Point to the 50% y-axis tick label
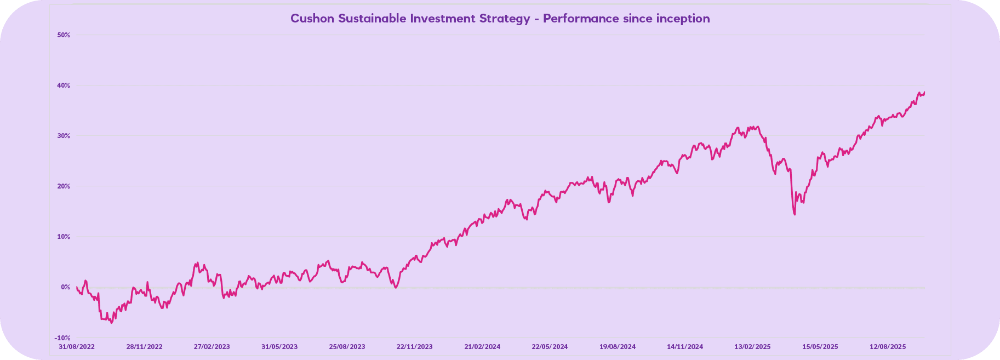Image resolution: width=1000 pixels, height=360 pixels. coord(64,35)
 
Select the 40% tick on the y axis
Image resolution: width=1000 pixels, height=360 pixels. coord(64,85)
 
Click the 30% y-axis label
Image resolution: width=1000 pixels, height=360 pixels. coord(64,136)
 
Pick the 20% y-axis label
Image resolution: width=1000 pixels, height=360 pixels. coord(64,186)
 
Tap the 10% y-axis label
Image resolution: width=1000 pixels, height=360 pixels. coord(64,237)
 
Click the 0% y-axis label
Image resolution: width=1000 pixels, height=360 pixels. coord(65,287)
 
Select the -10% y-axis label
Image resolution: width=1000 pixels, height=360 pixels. coord(62,338)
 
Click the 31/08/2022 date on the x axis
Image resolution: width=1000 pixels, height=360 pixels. coord(77,347)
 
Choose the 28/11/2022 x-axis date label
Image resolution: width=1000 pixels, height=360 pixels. coord(144,347)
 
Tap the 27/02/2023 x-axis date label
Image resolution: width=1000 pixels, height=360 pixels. coord(212,347)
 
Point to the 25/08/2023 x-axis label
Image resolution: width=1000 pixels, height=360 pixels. coord(347,347)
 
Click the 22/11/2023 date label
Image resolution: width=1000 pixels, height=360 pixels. coord(415,347)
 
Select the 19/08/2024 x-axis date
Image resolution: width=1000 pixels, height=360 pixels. coord(618,347)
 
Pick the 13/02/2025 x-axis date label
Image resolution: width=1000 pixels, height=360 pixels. coord(753,347)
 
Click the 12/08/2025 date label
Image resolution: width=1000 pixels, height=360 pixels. coord(888,347)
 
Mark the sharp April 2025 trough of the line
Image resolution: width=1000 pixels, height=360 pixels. coord(795,214)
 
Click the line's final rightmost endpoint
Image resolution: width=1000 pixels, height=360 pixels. coord(924,92)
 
